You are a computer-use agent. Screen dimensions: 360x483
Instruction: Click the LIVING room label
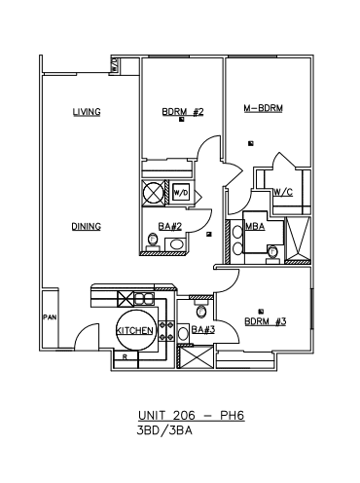point(87,112)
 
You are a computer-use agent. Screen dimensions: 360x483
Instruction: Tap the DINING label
point(87,226)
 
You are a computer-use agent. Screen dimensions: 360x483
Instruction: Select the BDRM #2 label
point(183,112)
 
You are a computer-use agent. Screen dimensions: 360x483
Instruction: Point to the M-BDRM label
point(264,108)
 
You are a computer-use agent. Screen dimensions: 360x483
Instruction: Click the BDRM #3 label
point(266,321)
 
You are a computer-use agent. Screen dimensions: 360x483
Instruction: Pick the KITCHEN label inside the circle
point(134,330)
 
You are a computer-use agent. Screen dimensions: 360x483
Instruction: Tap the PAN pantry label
point(50,317)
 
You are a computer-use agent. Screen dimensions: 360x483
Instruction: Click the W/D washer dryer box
point(180,193)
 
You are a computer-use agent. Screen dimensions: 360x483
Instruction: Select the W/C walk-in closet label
point(283,193)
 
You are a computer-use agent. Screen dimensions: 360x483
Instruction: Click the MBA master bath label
point(255,226)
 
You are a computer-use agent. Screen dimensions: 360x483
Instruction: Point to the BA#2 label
point(169,226)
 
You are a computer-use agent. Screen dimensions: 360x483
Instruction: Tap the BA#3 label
point(203,330)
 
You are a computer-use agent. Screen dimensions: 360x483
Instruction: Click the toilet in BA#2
point(152,242)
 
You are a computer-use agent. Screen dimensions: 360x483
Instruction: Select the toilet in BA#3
point(201,310)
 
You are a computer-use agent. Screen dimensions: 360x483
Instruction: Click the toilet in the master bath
point(272,254)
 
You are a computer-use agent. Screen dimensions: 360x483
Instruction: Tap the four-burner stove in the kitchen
point(166,331)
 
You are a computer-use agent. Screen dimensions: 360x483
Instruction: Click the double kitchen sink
point(144,298)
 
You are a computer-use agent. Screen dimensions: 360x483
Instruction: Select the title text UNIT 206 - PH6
point(192,416)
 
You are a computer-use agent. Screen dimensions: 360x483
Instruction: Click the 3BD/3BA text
point(164,430)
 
